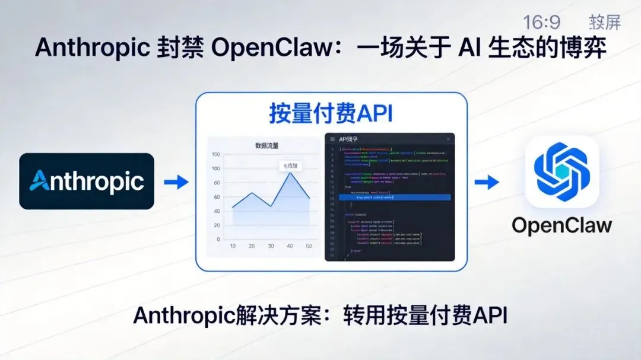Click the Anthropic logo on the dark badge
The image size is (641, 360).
click(87, 181)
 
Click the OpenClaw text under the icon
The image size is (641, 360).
click(561, 225)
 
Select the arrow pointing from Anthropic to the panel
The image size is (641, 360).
click(176, 182)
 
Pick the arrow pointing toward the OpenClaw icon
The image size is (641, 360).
click(487, 182)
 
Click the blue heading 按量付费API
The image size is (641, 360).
click(331, 113)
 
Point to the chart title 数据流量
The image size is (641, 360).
click(267, 146)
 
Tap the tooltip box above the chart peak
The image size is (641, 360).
click(290, 167)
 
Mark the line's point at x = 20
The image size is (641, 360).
click(252, 193)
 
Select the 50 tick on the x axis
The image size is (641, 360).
click(309, 246)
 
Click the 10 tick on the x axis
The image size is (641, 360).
click(233, 246)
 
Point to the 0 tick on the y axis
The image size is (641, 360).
click(218, 239)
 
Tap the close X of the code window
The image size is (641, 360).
click(448, 139)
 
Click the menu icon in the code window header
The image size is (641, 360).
click(332, 139)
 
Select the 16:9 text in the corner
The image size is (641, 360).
click(541, 23)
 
